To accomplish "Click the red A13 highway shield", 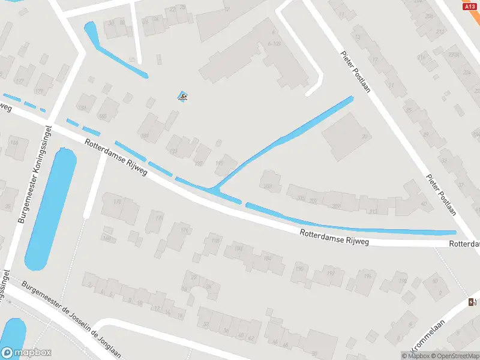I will (x=470, y=6).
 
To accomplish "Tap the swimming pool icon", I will (x=182, y=96).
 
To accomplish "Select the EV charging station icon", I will (x=473, y=302).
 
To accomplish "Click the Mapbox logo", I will (x=26, y=353).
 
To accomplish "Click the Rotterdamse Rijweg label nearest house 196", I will (x=335, y=238).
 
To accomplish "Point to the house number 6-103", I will (x=275, y=43).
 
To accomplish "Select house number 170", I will (x=117, y=202).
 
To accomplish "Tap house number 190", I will (x=298, y=268).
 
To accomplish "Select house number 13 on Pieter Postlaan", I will (x=358, y=37).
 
